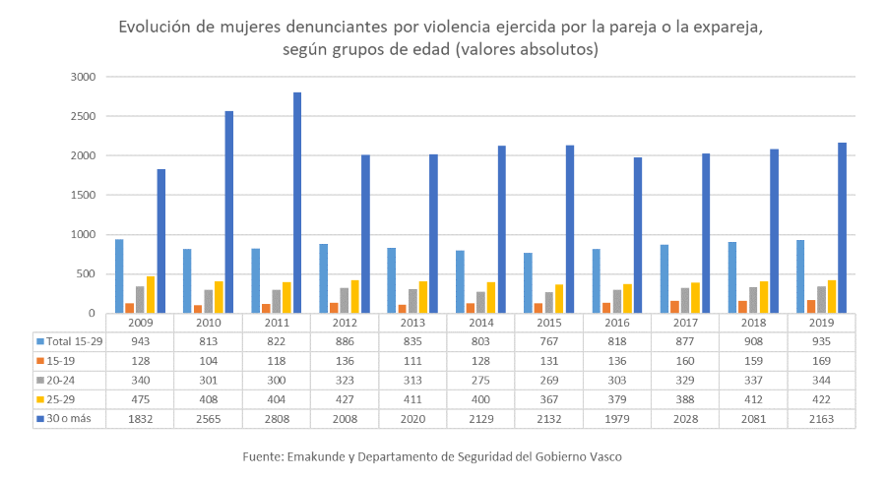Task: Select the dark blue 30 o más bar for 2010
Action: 229,211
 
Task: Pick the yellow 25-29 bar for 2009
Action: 151,294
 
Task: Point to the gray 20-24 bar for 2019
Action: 821,300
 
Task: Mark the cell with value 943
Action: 140,341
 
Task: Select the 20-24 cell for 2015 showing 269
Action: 548,380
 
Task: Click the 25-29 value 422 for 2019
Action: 821,398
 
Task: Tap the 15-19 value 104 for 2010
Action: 208,360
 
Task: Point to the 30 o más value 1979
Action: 616,418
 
